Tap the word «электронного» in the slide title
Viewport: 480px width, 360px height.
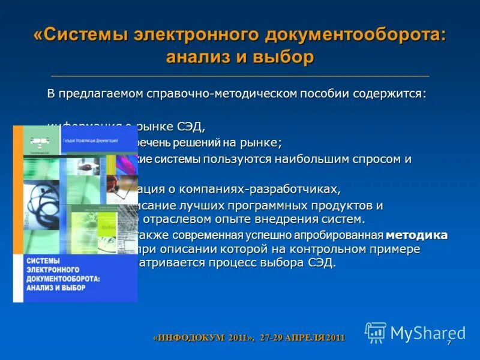click(197, 34)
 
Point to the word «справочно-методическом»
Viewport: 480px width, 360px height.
click(224, 95)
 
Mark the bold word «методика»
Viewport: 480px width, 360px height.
click(416, 235)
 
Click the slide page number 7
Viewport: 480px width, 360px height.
click(449, 342)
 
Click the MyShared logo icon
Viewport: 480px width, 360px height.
click(376, 332)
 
